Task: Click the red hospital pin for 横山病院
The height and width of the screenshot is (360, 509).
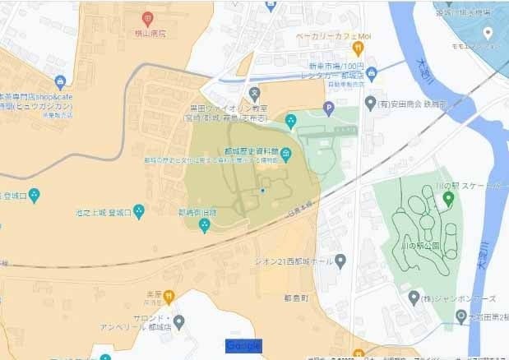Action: point(147,18)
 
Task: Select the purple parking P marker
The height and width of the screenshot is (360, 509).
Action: point(330,107)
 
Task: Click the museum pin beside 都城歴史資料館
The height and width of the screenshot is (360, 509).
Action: point(285,154)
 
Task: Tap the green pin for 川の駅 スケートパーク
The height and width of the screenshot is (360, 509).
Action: point(449,198)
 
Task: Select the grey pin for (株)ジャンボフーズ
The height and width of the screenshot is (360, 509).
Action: point(414,297)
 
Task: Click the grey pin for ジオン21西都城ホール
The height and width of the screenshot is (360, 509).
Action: point(341,261)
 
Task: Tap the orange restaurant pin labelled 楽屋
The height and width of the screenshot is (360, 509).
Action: point(169,297)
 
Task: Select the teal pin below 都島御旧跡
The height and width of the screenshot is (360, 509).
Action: point(205,226)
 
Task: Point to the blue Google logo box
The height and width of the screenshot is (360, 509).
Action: point(243,345)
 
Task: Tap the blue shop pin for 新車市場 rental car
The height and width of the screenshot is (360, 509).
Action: point(372,74)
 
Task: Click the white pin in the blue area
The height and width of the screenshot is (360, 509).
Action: point(488,33)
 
